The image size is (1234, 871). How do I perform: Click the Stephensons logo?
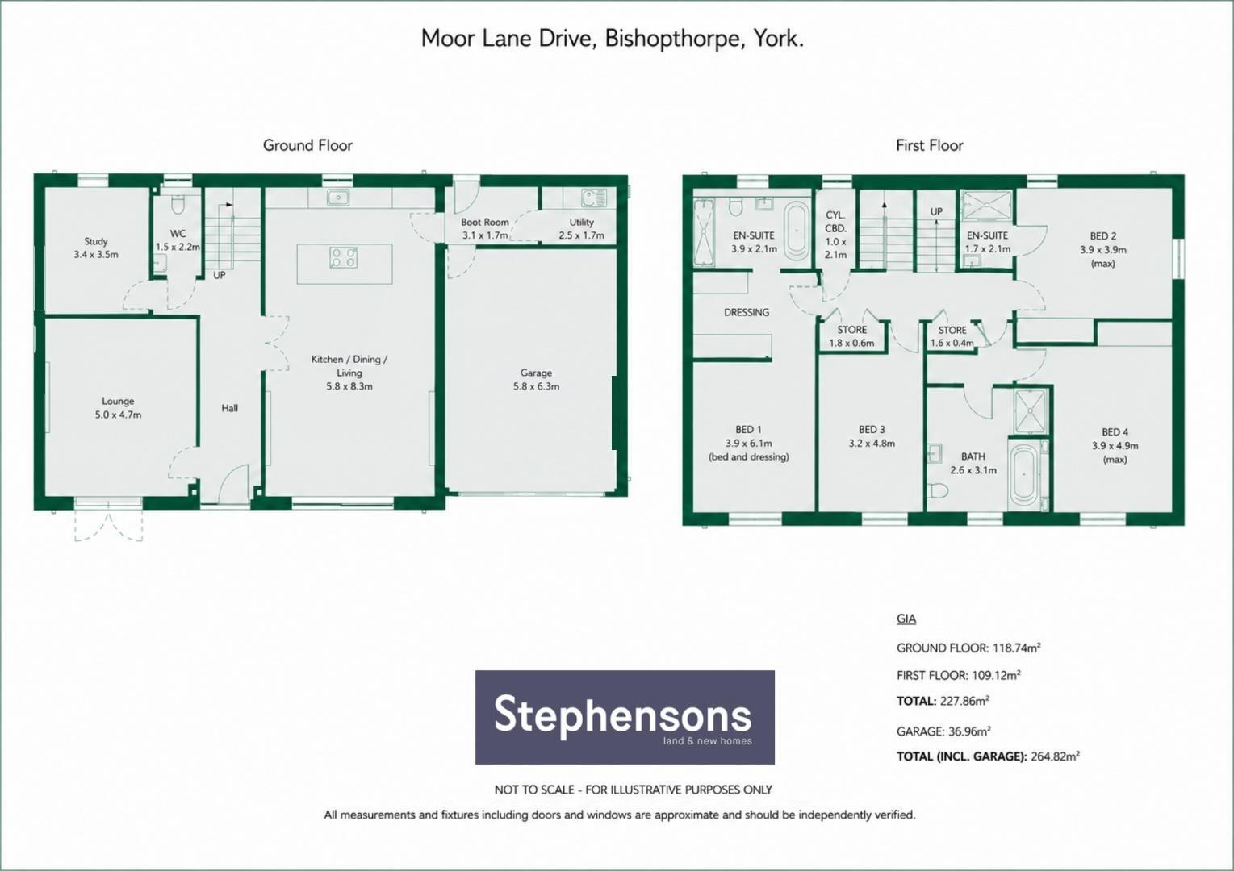tap(625, 717)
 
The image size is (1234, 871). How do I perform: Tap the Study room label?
tap(96, 241)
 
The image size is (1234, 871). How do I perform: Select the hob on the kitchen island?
tap(343, 257)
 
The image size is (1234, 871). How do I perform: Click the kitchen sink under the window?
tap(337, 197)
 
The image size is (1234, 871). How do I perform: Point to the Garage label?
tap(536, 373)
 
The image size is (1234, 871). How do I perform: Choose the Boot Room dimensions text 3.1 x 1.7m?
tap(485, 235)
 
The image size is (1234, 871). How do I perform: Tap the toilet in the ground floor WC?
tap(178, 205)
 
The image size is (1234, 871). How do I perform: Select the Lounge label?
tap(118, 402)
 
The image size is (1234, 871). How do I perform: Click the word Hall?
tap(230, 408)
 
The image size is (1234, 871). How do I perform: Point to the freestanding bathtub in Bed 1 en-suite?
tap(796, 231)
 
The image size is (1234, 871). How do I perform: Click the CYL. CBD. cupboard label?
tap(835, 221)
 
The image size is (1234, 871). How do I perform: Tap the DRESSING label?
tap(747, 312)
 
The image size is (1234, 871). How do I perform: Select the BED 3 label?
tap(872, 429)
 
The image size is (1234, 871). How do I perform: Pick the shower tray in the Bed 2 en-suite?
tap(987, 206)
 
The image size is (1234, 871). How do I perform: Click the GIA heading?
tap(906, 619)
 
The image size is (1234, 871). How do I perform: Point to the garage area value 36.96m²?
tap(969, 731)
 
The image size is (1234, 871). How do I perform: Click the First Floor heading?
tap(930, 145)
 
